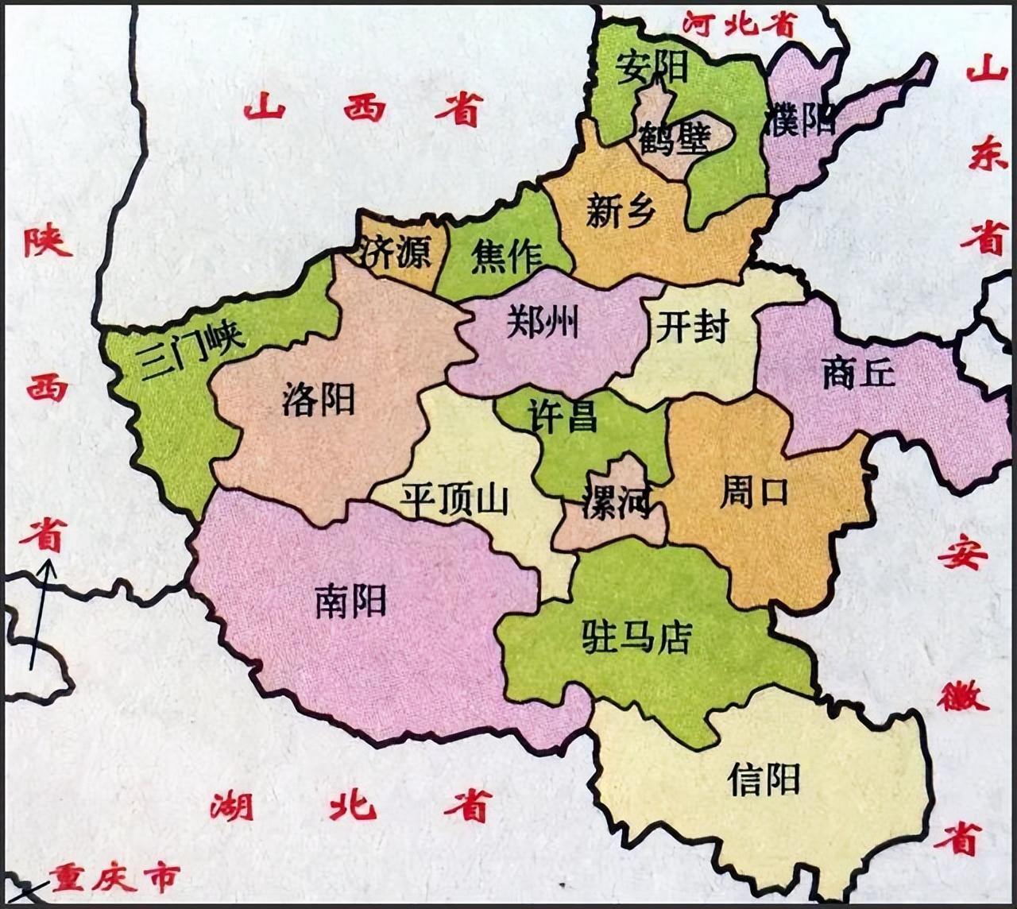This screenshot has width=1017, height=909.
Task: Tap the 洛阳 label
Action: (318, 398)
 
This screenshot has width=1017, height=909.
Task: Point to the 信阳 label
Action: (764, 779)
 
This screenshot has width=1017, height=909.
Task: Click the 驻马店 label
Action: (637, 636)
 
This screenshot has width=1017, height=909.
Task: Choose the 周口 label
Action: (754, 491)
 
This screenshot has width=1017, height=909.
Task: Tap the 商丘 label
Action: (858, 372)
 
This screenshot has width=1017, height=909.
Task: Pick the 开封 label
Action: (692, 325)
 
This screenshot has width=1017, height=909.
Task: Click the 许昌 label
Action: (563, 416)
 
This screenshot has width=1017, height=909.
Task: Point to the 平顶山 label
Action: (454, 499)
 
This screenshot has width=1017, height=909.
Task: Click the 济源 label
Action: (394, 252)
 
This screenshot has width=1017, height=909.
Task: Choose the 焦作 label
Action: (506, 256)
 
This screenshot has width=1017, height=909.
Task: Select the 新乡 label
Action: (621, 211)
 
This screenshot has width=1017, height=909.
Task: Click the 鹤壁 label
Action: (673, 141)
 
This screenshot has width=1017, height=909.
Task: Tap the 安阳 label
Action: (652, 67)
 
